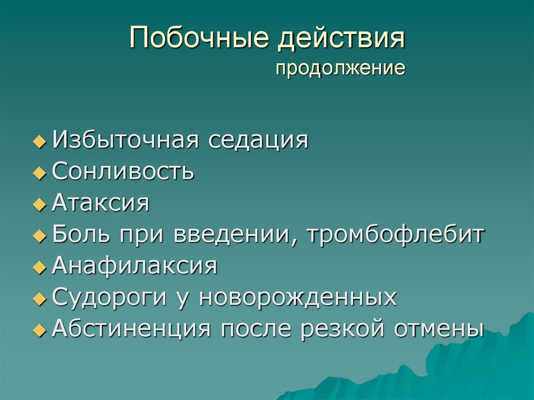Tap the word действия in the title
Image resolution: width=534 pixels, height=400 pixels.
(342, 41)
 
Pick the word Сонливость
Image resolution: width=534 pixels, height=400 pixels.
(124, 172)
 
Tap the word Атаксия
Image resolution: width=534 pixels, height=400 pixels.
(101, 203)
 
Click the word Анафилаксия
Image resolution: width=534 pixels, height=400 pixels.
(135, 266)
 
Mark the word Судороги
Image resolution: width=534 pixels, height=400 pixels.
(104, 299)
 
